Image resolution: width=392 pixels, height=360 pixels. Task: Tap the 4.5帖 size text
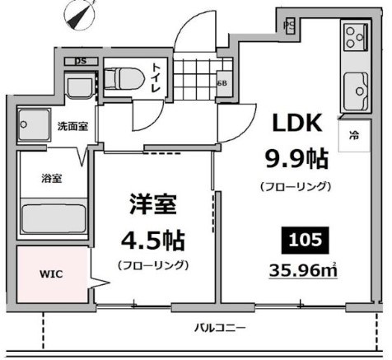tap(152, 241)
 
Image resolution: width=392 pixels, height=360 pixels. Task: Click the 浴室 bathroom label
tap(51, 177)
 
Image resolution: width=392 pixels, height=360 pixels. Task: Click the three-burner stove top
tap(356, 36)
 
